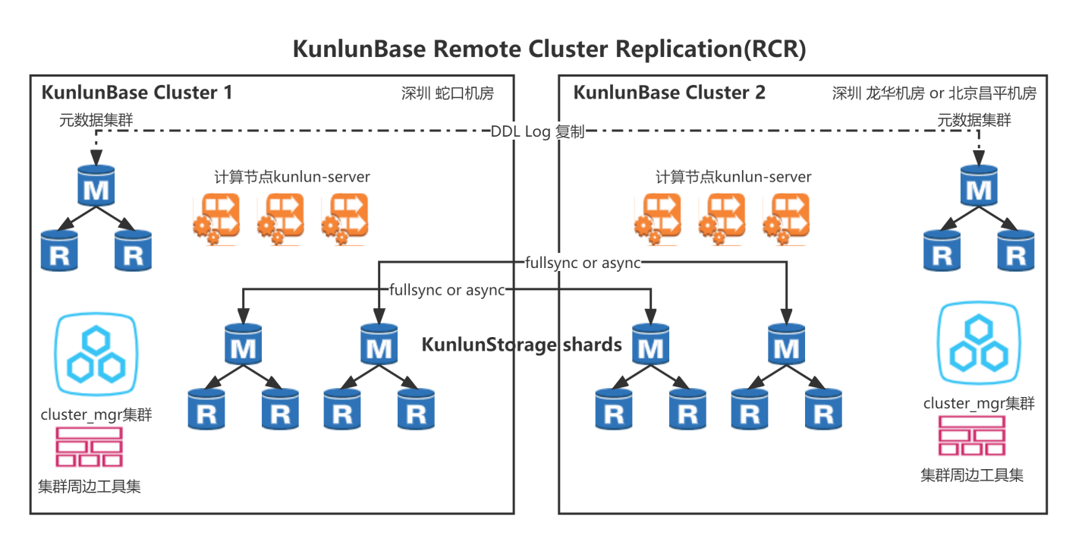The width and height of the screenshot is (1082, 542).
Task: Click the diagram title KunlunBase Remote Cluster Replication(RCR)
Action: tap(549, 49)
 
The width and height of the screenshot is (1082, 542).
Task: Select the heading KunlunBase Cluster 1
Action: tap(137, 93)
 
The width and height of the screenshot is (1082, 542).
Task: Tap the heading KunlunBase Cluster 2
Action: tap(669, 93)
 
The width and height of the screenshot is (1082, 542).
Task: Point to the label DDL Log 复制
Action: tap(537, 131)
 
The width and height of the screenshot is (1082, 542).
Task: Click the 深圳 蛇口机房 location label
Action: tap(447, 93)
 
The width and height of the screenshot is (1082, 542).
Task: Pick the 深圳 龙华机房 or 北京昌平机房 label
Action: tap(934, 93)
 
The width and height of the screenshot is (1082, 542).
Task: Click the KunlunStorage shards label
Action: tap(522, 345)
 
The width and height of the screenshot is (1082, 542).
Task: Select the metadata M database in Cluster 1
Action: tap(96, 185)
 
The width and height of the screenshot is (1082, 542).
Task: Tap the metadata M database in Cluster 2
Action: tap(979, 185)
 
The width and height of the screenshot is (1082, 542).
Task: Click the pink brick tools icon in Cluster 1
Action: tap(89, 447)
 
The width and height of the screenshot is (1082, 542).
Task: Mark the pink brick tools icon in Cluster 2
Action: tap(972, 436)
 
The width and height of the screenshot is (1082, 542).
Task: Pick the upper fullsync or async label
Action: tap(583, 263)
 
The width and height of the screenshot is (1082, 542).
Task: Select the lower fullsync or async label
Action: tap(447, 290)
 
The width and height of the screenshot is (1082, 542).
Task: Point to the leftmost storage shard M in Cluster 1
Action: tap(243, 344)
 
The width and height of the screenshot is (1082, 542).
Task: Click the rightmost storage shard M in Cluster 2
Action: tap(786, 344)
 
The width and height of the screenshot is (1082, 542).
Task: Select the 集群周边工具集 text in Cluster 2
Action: tap(972, 475)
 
